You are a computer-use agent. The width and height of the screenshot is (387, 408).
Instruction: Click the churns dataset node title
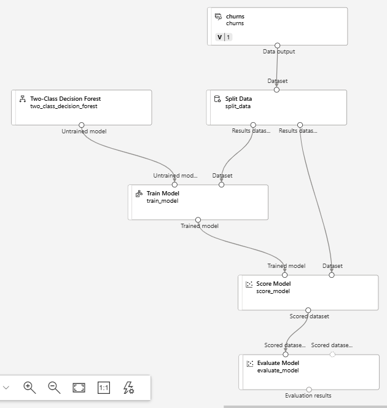[x=235, y=17]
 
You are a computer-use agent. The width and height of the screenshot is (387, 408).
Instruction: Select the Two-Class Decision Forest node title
[x=65, y=98]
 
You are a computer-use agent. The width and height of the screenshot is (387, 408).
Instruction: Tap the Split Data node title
[x=238, y=98]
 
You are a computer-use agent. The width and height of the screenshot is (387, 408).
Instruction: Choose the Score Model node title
[x=273, y=284]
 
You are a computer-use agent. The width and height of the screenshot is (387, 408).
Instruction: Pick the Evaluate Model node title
[x=278, y=363]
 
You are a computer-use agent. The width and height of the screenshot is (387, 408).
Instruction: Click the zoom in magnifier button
[x=29, y=387]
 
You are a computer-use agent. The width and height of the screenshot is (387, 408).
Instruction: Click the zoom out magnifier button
[x=54, y=387]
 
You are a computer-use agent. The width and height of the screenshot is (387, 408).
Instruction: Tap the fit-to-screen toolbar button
[x=79, y=388]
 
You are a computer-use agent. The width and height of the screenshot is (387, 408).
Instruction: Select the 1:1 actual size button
[x=104, y=388]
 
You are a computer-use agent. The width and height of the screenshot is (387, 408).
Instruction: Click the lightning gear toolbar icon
[x=128, y=388]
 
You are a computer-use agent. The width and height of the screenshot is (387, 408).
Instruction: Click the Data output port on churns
[x=277, y=45]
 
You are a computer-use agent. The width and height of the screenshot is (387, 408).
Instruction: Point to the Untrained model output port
[x=82, y=125]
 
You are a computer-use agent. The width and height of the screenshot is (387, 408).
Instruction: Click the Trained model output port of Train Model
[x=198, y=219]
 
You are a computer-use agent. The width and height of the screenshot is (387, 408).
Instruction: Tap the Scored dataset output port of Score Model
[x=308, y=310]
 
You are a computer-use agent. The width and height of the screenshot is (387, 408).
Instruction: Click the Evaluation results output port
[x=309, y=390]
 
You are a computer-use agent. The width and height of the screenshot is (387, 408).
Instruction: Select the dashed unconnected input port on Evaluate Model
[x=332, y=354]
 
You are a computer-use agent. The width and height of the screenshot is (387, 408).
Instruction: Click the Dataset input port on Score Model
[x=332, y=275]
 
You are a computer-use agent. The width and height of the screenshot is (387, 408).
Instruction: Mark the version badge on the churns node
[x=224, y=37]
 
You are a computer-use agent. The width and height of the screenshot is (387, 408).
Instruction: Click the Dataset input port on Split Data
[x=276, y=90]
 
